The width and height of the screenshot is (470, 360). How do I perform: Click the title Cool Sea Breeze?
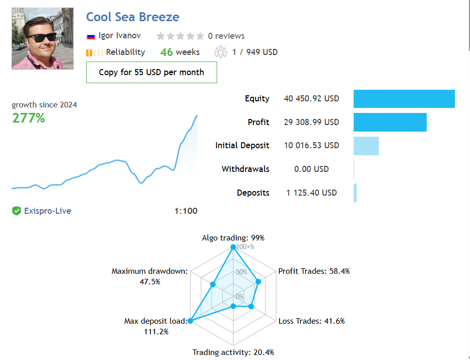pyautogui.click(x=132, y=17)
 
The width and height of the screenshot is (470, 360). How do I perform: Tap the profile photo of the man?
pyautogui.click(x=42, y=39)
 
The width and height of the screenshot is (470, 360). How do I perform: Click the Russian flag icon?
pyautogui.click(x=91, y=36)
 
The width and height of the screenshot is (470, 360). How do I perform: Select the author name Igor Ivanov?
pyautogui.click(x=119, y=36)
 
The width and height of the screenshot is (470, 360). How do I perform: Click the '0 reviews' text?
pyautogui.click(x=226, y=36)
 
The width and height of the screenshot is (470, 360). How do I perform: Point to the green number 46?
pyautogui.click(x=166, y=52)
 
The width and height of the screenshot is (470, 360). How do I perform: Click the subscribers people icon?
pyautogui.click(x=221, y=52)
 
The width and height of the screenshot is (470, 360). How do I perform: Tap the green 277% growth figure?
pyautogui.click(x=28, y=118)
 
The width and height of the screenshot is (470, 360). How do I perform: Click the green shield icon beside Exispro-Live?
pyautogui.click(x=17, y=211)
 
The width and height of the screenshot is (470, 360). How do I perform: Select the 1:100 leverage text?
pyautogui.click(x=186, y=211)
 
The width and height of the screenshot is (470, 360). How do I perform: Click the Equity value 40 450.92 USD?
pyautogui.click(x=311, y=99)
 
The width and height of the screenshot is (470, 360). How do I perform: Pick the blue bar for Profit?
pyautogui.click(x=390, y=123)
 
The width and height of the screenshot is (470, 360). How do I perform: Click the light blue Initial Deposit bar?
pyautogui.click(x=366, y=146)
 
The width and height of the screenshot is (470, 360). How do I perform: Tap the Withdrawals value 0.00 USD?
pyautogui.click(x=311, y=169)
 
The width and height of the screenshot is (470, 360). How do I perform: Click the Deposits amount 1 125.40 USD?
pyautogui.click(x=311, y=193)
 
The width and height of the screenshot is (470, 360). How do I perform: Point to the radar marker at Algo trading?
pyautogui.click(x=233, y=247)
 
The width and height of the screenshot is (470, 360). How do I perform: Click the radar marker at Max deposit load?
pyautogui.click(x=190, y=321)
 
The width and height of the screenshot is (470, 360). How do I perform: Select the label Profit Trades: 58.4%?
pyautogui.click(x=314, y=271)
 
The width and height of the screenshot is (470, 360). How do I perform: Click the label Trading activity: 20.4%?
pyautogui.click(x=233, y=352)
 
